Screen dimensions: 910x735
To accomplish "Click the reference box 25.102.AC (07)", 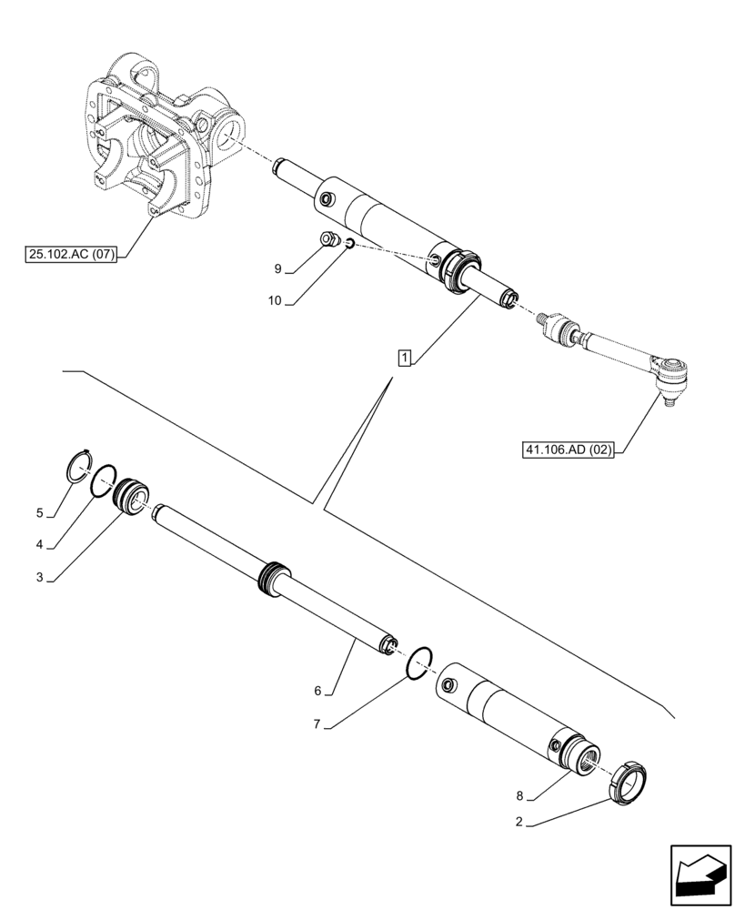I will (x=71, y=255).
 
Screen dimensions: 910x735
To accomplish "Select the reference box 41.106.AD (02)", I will (x=568, y=450).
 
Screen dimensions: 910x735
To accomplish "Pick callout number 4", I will (x=40, y=545).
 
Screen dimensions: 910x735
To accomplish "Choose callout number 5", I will (x=40, y=512).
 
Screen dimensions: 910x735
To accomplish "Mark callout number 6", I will (x=318, y=692).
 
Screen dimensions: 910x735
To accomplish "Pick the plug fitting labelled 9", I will (x=329, y=241).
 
